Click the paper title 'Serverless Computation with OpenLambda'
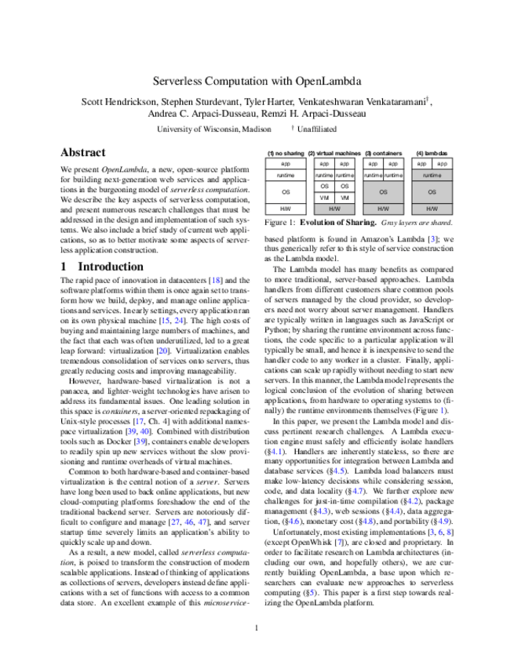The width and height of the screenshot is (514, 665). point(257,81)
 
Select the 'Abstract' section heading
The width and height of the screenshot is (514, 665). point(84,153)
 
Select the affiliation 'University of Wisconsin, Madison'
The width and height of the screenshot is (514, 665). point(213,129)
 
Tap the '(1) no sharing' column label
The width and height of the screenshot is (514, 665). point(285,153)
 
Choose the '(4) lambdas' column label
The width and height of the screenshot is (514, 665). point(432,153)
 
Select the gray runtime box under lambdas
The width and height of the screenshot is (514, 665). point(432,176)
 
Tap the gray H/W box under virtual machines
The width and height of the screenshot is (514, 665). point(334,209)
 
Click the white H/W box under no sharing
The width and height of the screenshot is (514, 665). point(285,209)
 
